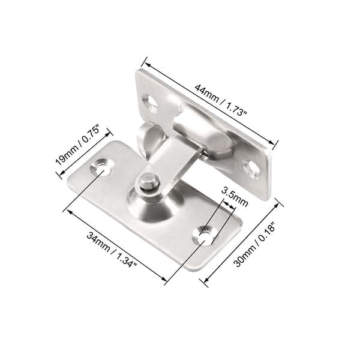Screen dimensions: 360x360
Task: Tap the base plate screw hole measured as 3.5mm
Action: point(204,234)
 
